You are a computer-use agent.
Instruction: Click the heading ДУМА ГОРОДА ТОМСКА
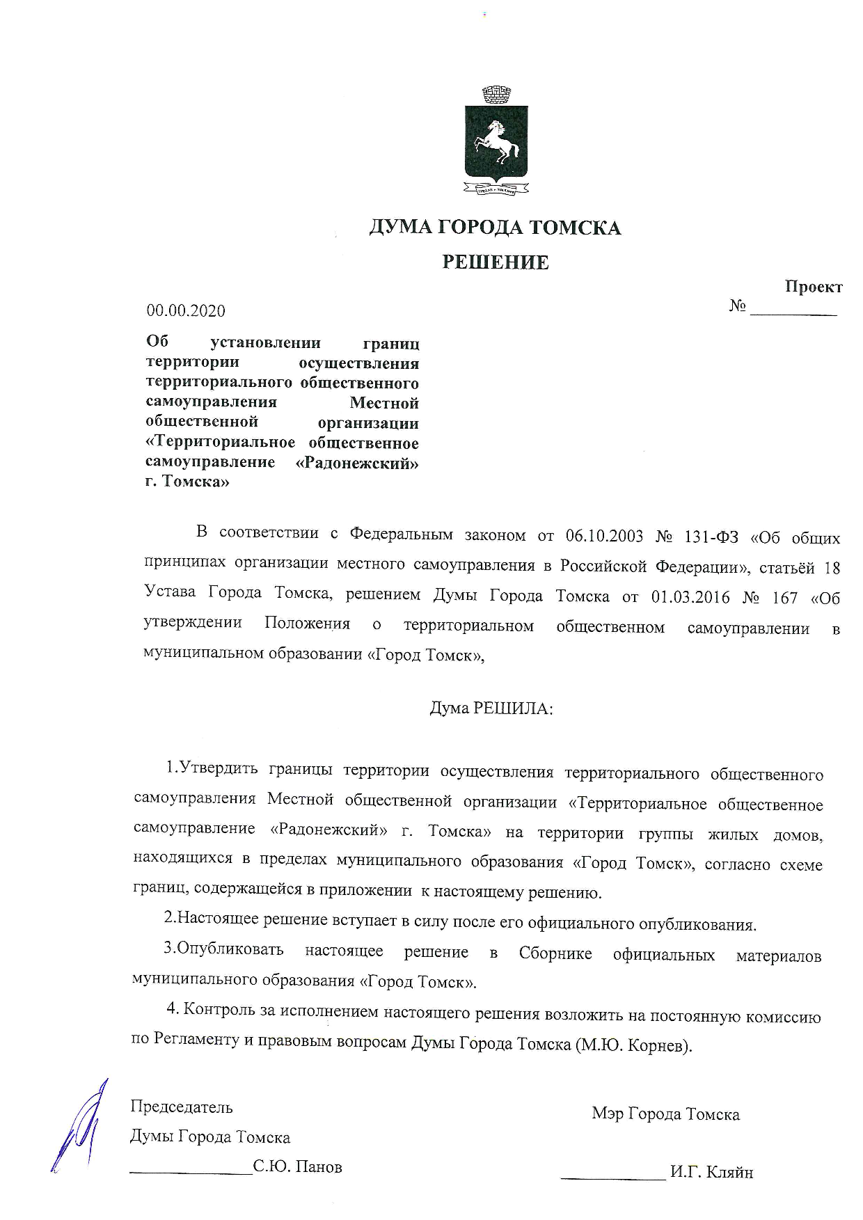tap(495, 228)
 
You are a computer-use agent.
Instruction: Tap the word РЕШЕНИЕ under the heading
tap(496, 262)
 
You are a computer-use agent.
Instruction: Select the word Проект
tap(814, 287)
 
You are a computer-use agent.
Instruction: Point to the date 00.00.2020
tap(186, 310)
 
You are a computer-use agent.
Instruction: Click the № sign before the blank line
tap(738, 306)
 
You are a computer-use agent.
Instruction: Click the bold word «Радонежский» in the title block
tap(358, 463)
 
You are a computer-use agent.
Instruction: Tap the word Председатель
tap(182, 1107)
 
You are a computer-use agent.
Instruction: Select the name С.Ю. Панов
tap(298, 1167)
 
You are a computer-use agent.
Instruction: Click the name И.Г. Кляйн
tap(711, 1173)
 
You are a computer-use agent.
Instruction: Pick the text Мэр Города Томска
tap(665, 1114)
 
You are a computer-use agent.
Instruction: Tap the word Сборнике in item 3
tap(555, 953)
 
